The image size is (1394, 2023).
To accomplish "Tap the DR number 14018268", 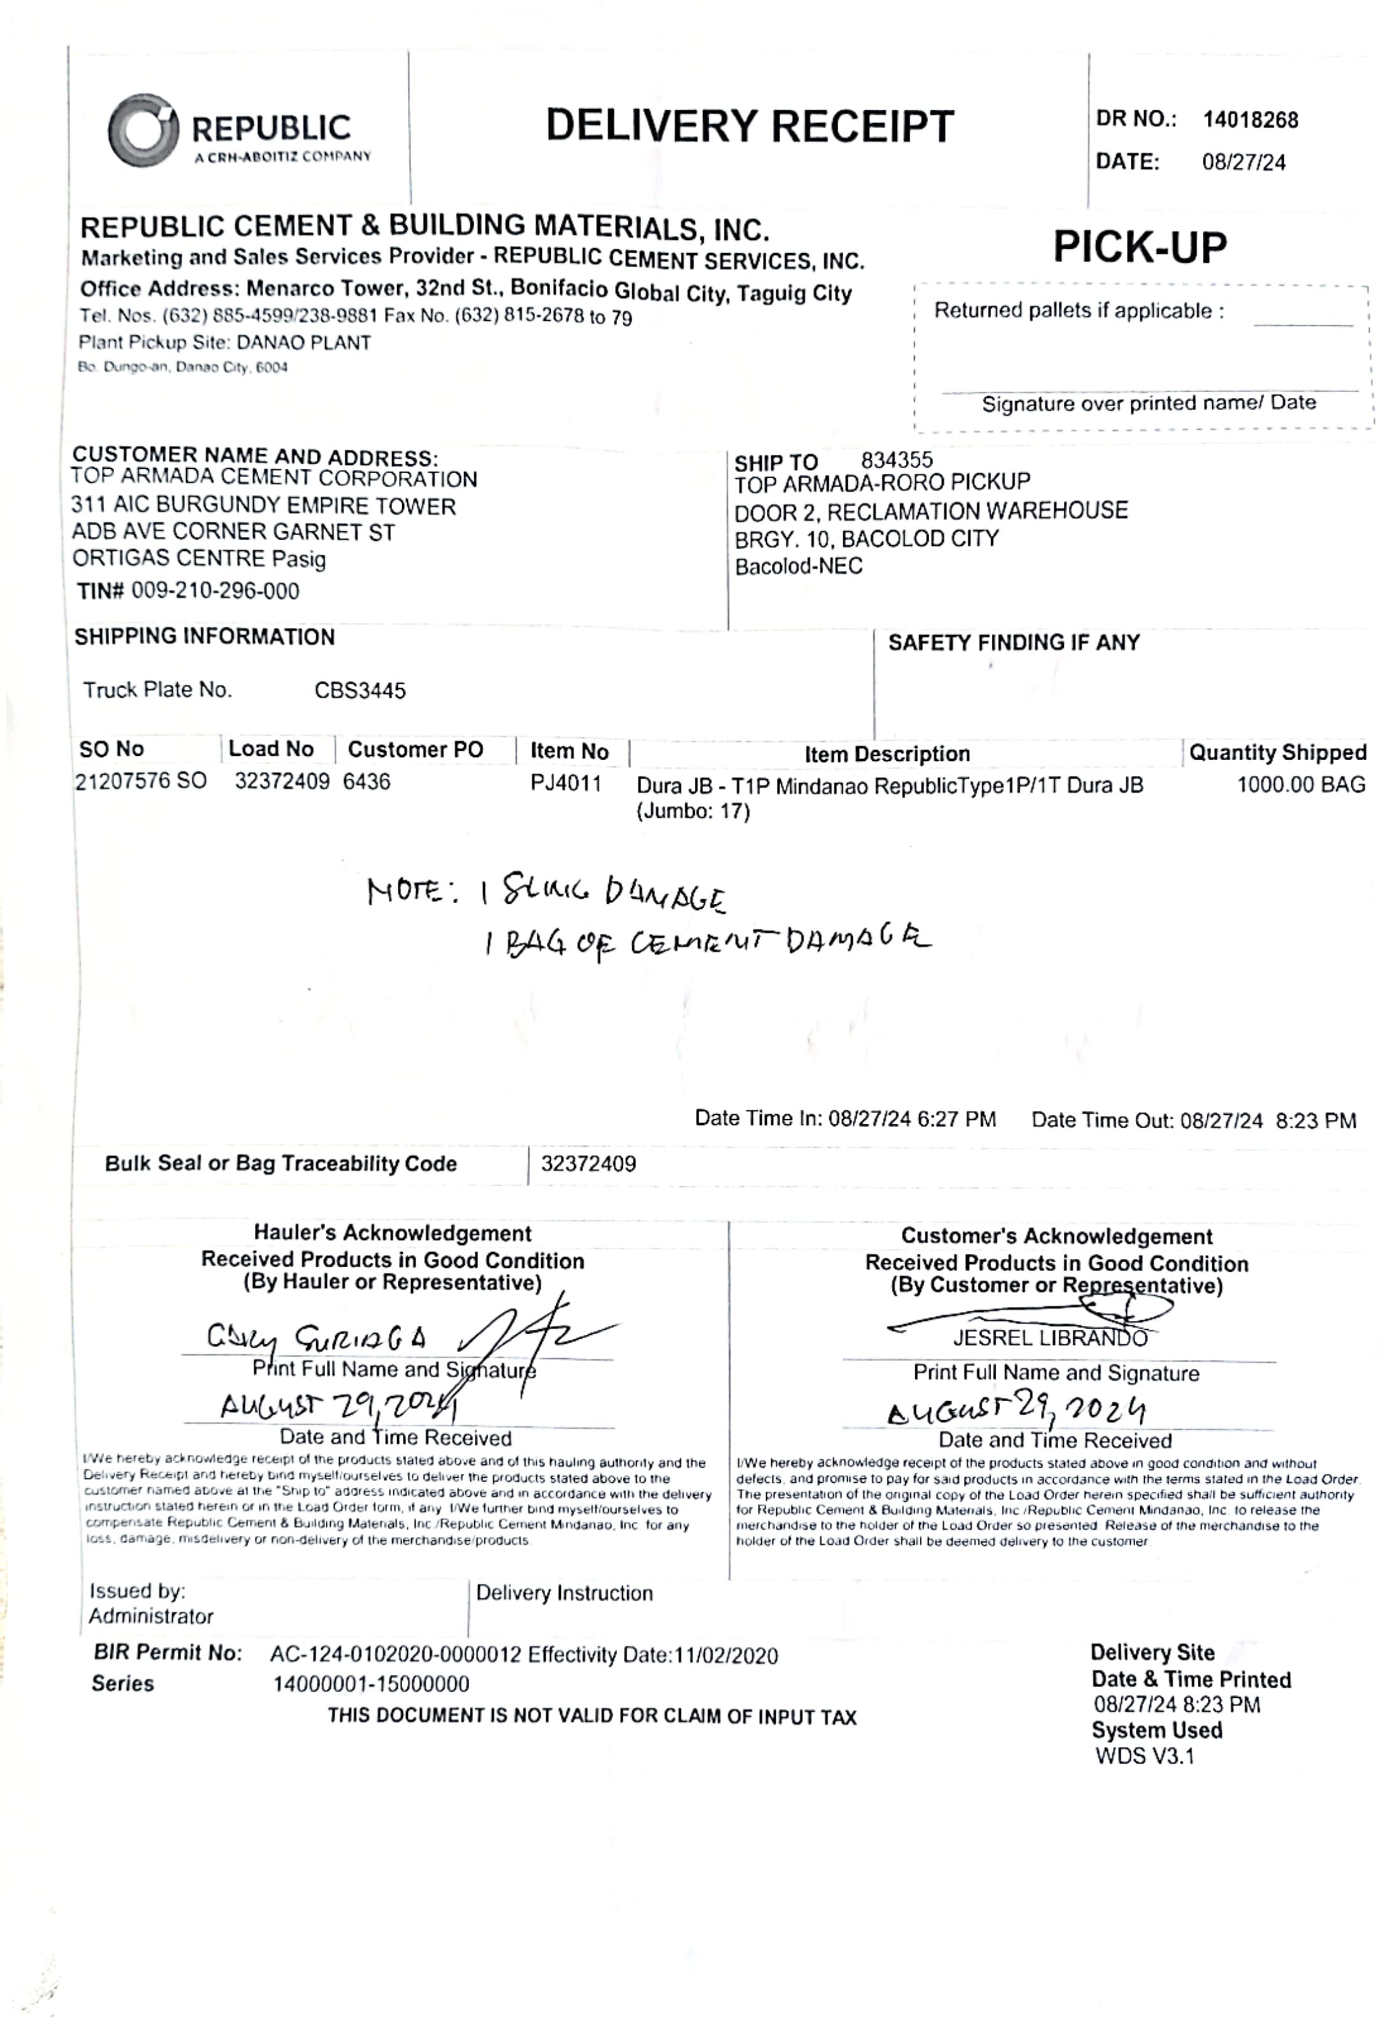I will (x=1250, y=121).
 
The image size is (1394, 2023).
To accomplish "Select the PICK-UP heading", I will (x=1139, y=247).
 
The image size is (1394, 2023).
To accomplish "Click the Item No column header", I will (x=569, y=751).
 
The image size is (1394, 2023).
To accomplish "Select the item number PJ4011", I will (x=566, y=783).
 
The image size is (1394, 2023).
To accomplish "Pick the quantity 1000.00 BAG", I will (x=1300, y=784).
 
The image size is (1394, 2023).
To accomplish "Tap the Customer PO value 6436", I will (x=366, y=781).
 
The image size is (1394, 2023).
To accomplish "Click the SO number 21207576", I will (x=123, y=781).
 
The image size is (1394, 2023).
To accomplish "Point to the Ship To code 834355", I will (x=896, y=460).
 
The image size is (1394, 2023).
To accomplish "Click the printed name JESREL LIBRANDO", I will (x=1049, y=1338).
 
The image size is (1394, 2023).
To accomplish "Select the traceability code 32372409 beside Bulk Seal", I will (x=588, y=1163).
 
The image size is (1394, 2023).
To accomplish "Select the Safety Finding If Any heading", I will (x=1013, y=642).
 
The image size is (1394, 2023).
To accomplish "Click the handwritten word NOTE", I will (x=405, y=892).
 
